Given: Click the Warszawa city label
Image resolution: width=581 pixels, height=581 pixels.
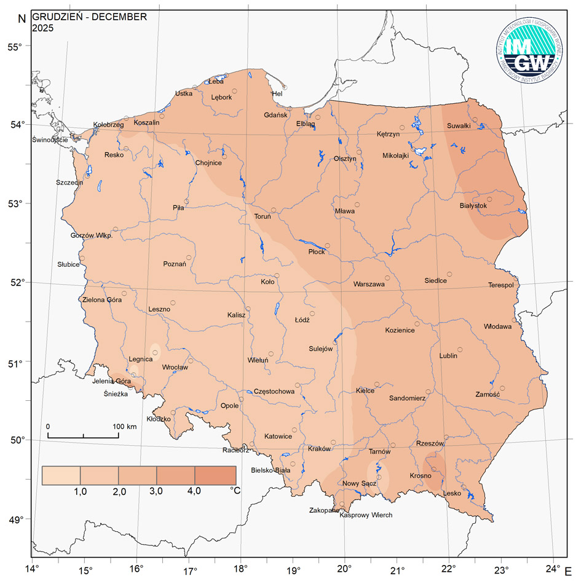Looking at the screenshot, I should point(369,285).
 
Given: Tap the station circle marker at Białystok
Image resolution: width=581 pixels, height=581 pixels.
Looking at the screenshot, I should point(490,199).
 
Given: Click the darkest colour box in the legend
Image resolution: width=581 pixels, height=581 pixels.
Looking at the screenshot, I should point(216,475).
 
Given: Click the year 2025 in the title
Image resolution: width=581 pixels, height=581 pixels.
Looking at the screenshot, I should point(42,28).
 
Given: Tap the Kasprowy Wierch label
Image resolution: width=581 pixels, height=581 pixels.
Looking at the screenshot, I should point(366,515).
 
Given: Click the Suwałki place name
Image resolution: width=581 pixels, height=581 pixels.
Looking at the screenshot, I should point(459,126).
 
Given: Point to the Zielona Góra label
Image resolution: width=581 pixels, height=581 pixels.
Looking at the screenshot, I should point(102,300).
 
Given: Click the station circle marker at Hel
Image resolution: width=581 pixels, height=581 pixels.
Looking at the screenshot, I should point(284,87).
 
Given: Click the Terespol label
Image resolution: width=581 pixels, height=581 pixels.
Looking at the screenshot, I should point(501,285).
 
